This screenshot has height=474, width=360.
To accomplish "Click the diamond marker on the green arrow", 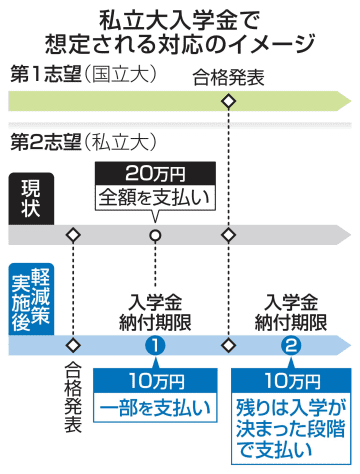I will point(228,101).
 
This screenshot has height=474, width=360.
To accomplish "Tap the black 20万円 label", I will point(155,173).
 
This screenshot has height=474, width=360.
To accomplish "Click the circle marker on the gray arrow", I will point(155,235).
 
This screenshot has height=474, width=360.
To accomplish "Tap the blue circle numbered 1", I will point(155,346).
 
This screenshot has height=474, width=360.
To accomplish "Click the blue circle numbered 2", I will point(291,346).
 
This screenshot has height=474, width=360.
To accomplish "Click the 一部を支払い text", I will point(155,407).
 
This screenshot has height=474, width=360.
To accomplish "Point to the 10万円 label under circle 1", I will point(155,381).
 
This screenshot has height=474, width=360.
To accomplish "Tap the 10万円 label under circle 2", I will point(291,381).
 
